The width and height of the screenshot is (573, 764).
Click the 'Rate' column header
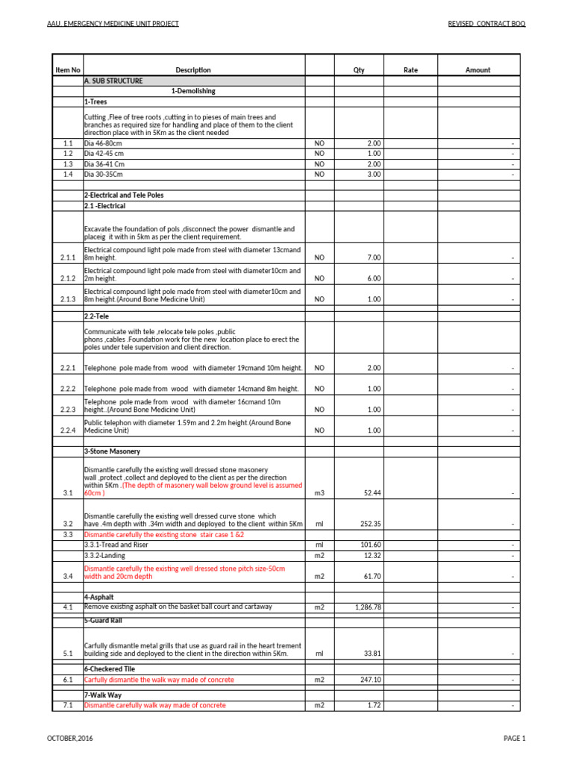[410, 70]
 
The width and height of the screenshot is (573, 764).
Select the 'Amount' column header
[477, 70]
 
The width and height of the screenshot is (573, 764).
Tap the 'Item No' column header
[67, 70]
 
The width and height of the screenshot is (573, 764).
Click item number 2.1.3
[67, 299]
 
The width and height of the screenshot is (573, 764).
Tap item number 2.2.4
[67, 430]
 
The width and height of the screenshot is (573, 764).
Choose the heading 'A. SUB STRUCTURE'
[113, 81]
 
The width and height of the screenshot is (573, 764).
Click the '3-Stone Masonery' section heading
[112, 451]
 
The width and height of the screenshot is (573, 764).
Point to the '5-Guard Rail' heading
[104, 619]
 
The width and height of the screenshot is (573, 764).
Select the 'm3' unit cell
[319, 493]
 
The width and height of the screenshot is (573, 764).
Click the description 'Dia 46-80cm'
[104, 143]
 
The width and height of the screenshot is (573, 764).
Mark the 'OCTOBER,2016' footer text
[70, 739]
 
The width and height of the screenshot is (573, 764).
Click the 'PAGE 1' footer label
[514, 739]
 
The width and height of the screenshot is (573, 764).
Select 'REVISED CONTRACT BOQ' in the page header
[486, 24]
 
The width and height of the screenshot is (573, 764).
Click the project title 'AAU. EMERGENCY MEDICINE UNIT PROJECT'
[113, 24]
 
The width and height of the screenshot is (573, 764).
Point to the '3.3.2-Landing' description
[105, 555]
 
